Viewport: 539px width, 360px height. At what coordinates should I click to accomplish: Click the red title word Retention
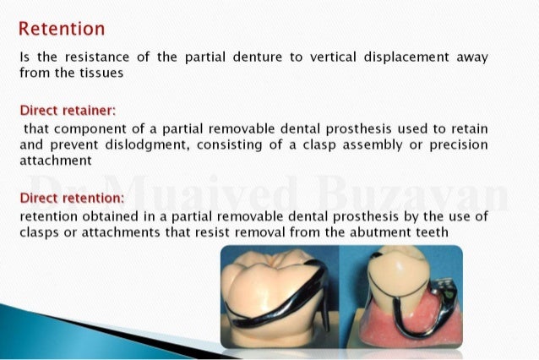(62, 29)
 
